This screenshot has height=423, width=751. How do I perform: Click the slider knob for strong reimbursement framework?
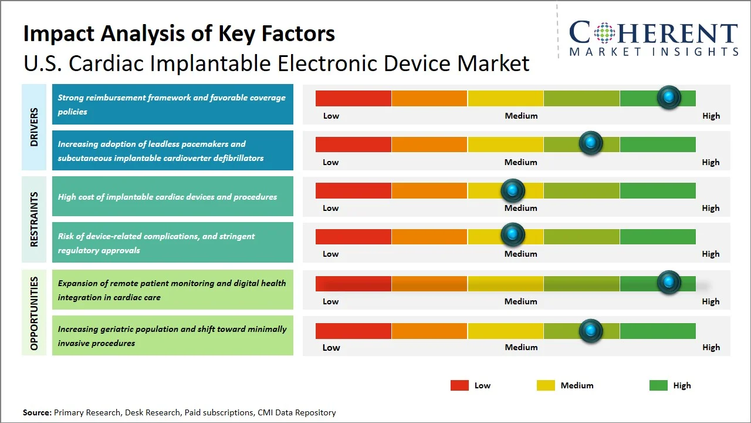pos(669,98)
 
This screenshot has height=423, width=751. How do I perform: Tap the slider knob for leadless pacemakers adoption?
pos(591,143)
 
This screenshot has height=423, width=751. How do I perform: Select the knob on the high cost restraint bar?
pos(513,190)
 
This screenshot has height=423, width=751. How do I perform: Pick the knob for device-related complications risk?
pos(513,234)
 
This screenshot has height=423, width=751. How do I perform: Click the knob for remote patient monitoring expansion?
pos(669,283)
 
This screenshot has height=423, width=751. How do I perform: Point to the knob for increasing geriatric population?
pos(591,331)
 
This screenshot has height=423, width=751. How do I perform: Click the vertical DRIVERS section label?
pos(34,127)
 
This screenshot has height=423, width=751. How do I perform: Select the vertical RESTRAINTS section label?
pos(34,219)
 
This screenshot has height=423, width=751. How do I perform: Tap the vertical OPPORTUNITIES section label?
pos(34,313)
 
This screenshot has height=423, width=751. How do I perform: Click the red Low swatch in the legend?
pos(459,385)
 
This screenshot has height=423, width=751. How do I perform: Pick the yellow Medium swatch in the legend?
pos(546,385)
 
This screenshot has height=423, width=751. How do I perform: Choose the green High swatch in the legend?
pos(658,385)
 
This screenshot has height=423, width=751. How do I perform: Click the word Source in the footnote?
pos(37,412)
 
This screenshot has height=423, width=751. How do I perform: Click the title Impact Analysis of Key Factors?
pos(179,33)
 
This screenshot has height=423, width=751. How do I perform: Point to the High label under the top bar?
pos(711,116)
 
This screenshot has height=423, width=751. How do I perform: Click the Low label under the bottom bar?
pos(331,347)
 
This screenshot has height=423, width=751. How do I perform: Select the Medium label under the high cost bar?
pos(521,208)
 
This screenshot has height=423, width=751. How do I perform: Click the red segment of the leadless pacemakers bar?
pos(353,144)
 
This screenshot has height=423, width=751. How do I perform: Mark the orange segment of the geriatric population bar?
pos(429,331)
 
